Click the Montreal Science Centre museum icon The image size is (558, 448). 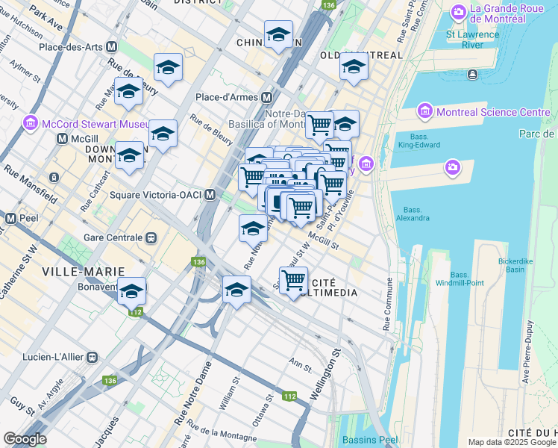pos(425,112)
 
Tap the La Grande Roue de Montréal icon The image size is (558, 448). pos(457,12)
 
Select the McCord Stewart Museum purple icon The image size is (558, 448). pos(31,122)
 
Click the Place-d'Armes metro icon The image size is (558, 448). pos(266,98)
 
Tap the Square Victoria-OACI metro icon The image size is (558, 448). pos(210,195)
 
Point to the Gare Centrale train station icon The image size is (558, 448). pos(151,237)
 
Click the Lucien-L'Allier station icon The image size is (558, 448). pos(92,358)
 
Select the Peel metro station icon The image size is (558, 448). pos(10,219)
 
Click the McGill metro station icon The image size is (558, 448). pos(62,139)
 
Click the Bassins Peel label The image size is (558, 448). pos(370,439)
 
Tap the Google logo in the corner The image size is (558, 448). pos(25,439)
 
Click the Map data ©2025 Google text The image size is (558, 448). pos(512,442)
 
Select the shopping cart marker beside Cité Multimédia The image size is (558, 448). pos(294,280)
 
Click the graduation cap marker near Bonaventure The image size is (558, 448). pos(132,290)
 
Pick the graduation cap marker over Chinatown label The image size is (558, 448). pos(278,34)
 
